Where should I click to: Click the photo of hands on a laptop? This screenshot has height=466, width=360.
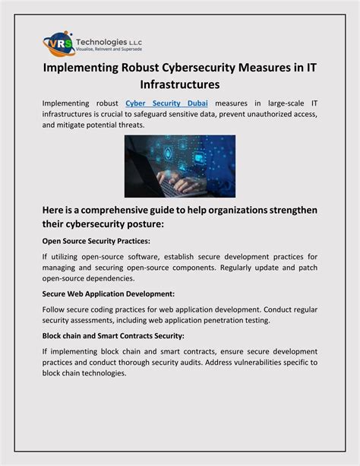point(179,166)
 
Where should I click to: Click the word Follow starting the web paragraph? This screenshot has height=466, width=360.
point(55,309)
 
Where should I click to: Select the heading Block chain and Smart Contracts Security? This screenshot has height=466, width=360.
point(112,334)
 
